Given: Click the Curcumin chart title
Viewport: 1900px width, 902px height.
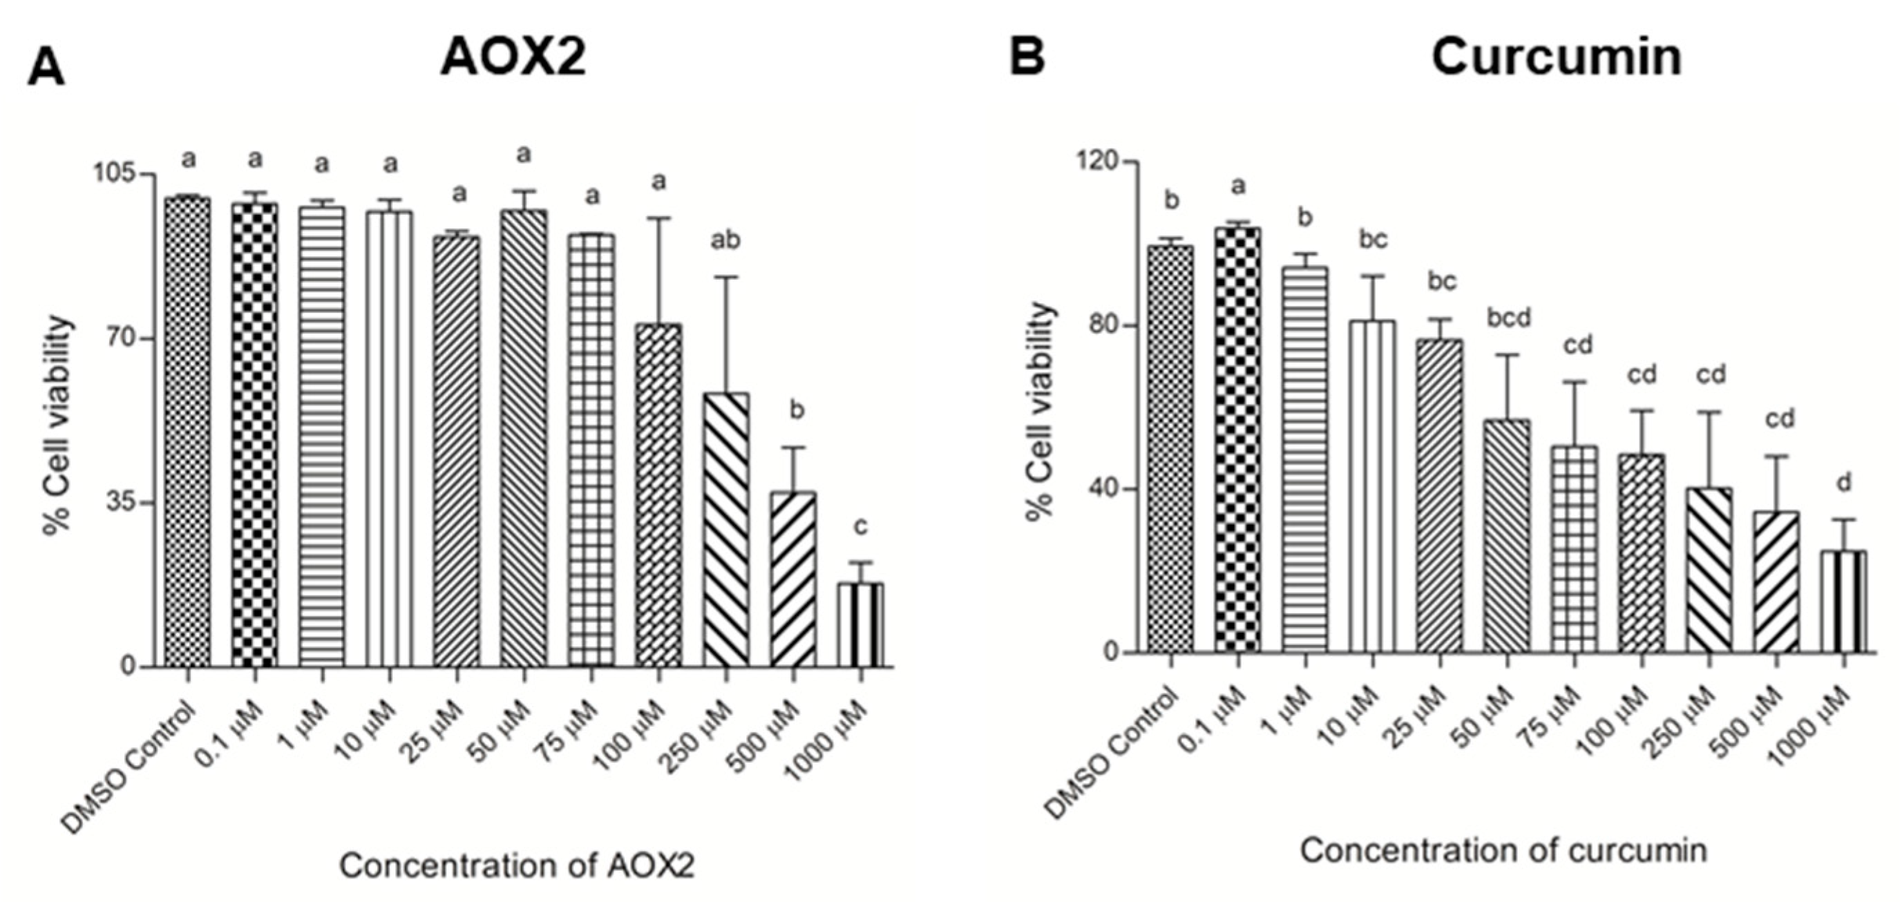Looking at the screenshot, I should point(1557,57).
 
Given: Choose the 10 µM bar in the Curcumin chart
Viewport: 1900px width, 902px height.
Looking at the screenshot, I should point(1373,487).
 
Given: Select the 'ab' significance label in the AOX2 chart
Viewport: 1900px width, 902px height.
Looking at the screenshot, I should point(724,240).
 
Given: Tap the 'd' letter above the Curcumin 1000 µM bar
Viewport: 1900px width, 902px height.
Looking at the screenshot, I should point(1843,483).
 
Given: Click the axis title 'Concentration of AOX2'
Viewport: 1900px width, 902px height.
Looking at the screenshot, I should point(517,866).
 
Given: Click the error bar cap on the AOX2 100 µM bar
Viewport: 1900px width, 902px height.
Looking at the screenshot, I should point(658,218).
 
